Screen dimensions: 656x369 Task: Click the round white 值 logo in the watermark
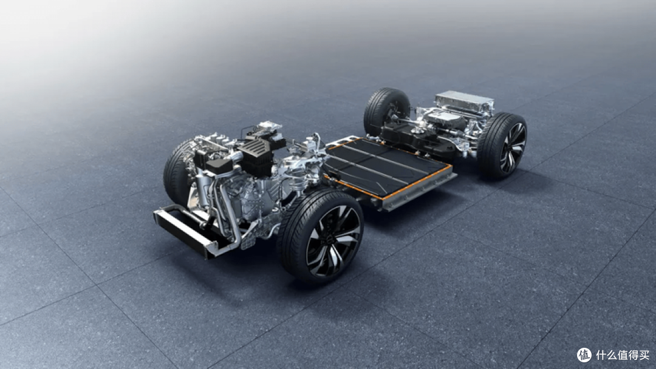click(x=584, y=355)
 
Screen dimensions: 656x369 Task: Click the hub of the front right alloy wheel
click(x=333, y=242)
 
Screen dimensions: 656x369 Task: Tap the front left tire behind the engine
click(x=178, y=172)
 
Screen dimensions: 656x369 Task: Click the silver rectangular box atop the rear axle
click(x=465, y=101)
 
